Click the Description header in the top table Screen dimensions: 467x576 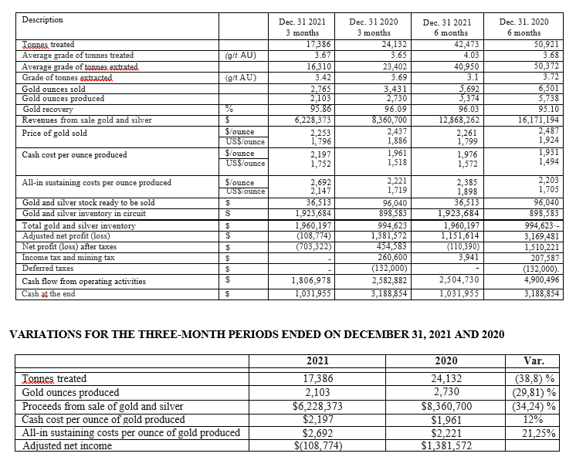(x=42, y=19)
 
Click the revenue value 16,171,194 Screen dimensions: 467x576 (x=530, y=120)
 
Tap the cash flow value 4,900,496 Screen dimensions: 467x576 (x=530, y=281)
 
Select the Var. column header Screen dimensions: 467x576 (x=534, y=360)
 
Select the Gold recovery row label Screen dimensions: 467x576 (x=48, y=109)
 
